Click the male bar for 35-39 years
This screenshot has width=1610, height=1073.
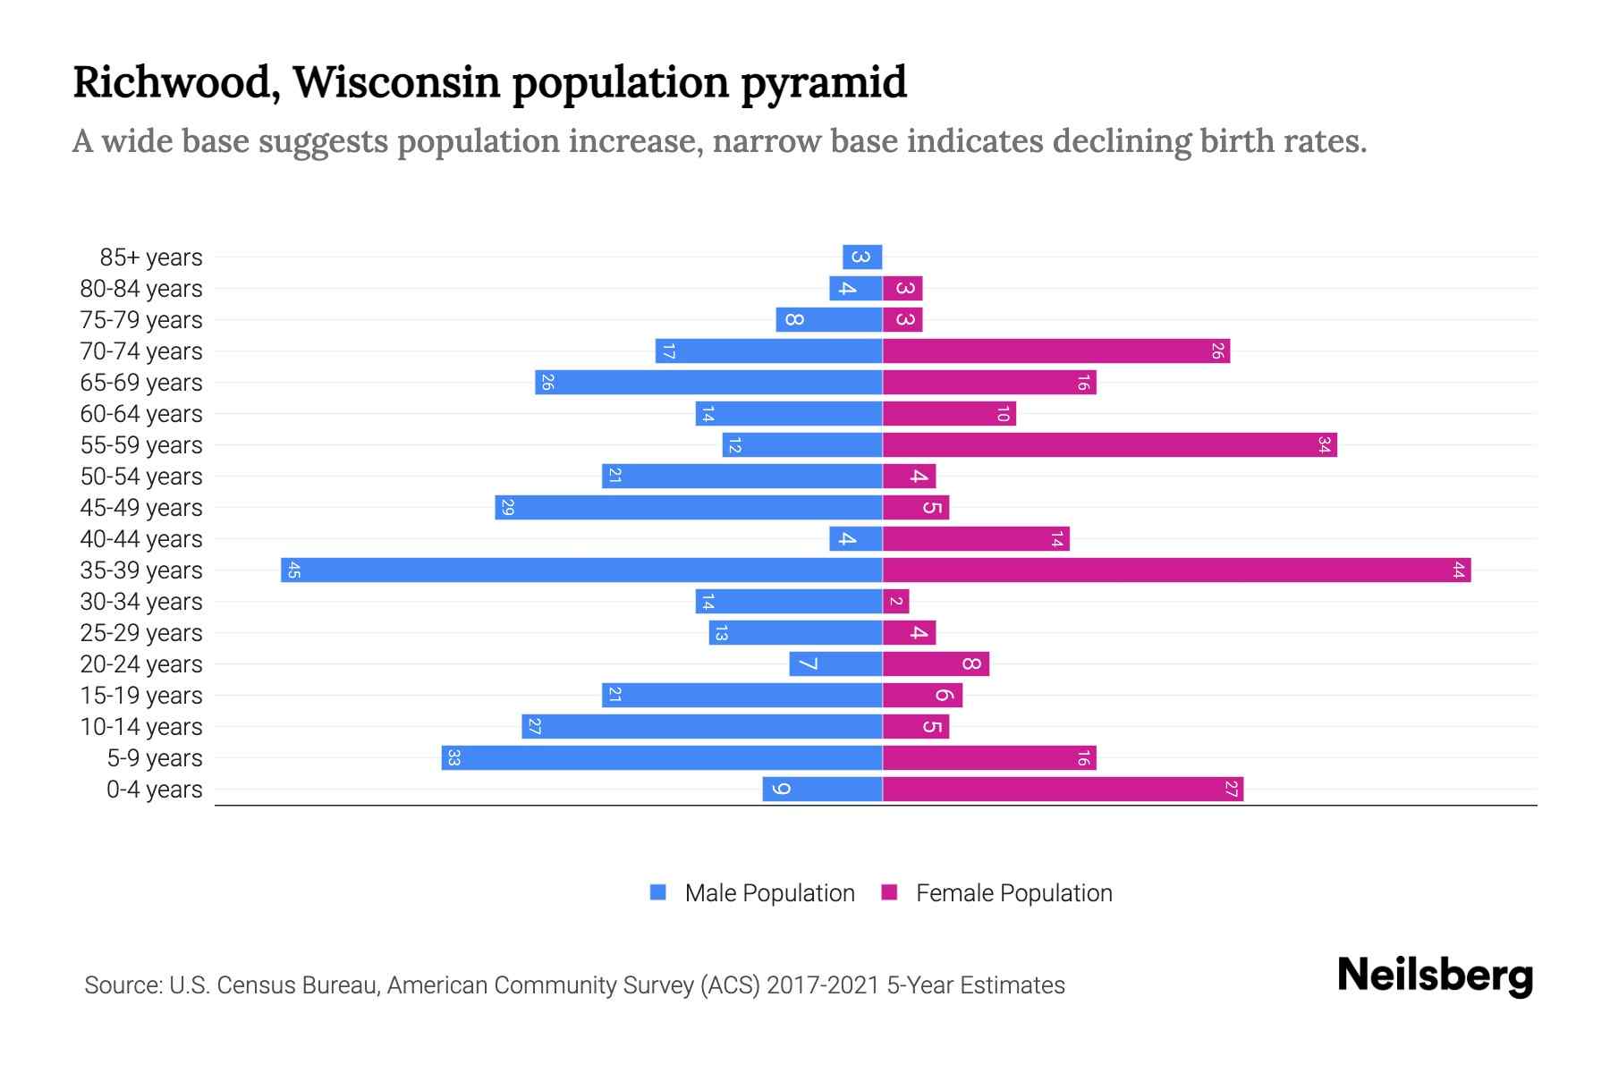[x=581, y=570]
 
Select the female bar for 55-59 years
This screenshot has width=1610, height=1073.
[x=1109, y=444]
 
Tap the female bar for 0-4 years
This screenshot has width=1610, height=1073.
[x=1063, y=789]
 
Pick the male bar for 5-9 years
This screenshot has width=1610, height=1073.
[x=662, y=757]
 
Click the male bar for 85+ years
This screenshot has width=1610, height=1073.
[x=862, y=257]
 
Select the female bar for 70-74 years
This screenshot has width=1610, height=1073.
[x=1055, y=351]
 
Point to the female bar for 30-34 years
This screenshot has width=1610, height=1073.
[x=895, y=601]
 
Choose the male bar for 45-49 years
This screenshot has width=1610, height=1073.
[x=689, y=507]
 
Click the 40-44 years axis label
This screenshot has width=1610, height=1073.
[x=141, y=539]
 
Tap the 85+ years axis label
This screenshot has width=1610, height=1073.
[x=151, y=258]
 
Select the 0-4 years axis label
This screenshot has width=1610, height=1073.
[x=154, y=790]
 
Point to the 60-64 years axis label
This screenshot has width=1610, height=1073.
[x=141, y=414]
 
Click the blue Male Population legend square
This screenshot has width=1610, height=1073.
[x=658, y=892]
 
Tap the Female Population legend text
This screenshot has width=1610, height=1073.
[x=1013, y=892]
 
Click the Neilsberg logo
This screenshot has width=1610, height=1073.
[x=1435, y=976]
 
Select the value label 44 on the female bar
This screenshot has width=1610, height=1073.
[x=1458, y=570]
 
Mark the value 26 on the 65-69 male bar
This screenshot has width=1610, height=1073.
[x=547, y=382]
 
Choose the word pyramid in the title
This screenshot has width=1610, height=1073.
[x=823, y=82]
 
